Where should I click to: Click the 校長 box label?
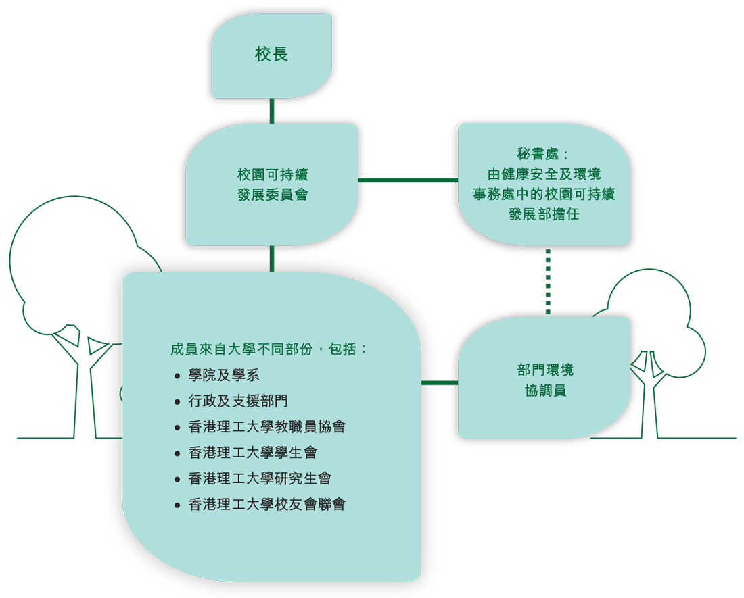click(x=271, y=55)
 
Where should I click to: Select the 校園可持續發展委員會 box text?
click(x=273, y=184)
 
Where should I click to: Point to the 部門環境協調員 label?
click(x=544, y=380)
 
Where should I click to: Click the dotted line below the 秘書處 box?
click(x=548, y=281)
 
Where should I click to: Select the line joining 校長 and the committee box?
click(x=272, y=111)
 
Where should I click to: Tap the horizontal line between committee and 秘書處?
click(x=407, y=180)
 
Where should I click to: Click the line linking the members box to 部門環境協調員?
click(x=440, y=382)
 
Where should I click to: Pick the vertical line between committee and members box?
click(x=272, y=259)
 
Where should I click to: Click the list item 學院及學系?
click(x=224, y=376)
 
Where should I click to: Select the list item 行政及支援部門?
click(x=238, y=401)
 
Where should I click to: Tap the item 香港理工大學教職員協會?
click(x=267, y=427)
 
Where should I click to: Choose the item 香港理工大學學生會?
click(x=252, y=453)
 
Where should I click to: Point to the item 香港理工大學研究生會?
click(x=260, y=478)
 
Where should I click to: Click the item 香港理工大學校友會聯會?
click(x=267, y=504)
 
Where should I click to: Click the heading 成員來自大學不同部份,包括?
click(x=269, y=349)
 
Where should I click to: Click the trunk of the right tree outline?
click(x=650, y=405)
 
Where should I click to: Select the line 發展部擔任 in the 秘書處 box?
click(x=544, y=215)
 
